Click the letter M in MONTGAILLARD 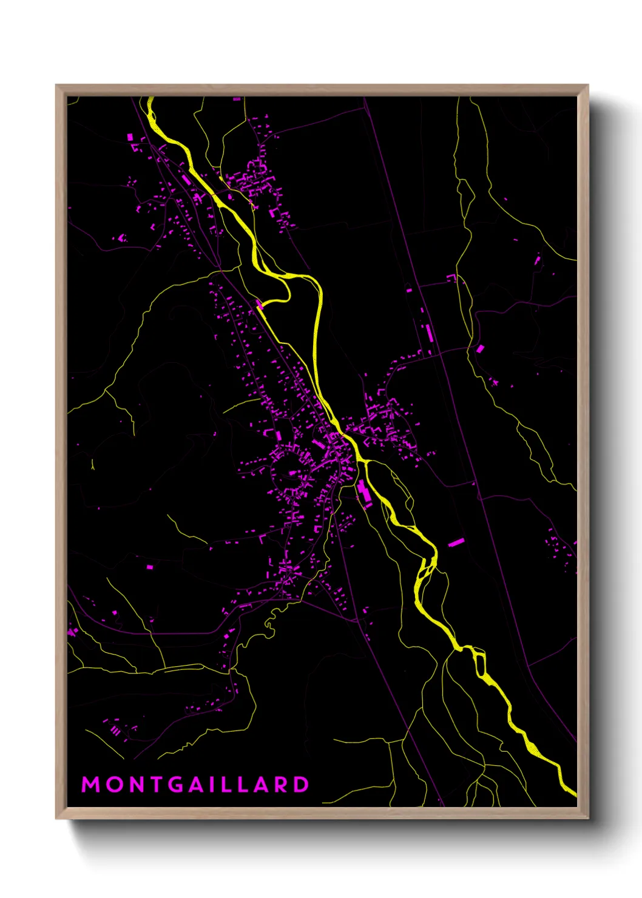(x=90, y=785)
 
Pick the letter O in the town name (x=113, y=785)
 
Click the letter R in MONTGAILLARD (x=280, y=785)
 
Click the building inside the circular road (x=292, y=472)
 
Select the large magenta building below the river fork (x=363, y=491)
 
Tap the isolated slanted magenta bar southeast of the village (x=456, y=542)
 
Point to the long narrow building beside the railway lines (x=428, y=333)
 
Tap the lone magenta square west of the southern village (x=149, y=567)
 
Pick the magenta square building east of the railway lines (x=480, y=348)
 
